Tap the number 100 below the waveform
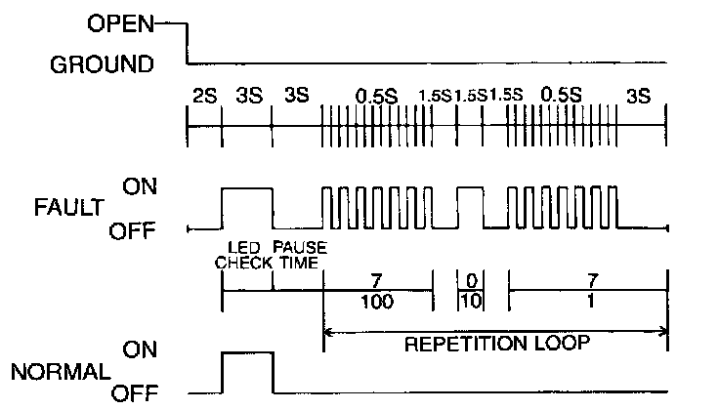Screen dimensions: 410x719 pyautogui.click(x=377, y=303)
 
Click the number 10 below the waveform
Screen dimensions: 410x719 pyautogui.click(x=470, y=303)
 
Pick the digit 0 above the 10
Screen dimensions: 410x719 pyautogui.click(x=470, y=281)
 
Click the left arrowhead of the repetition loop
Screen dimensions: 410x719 pyautogui.click(x=327, y=333)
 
